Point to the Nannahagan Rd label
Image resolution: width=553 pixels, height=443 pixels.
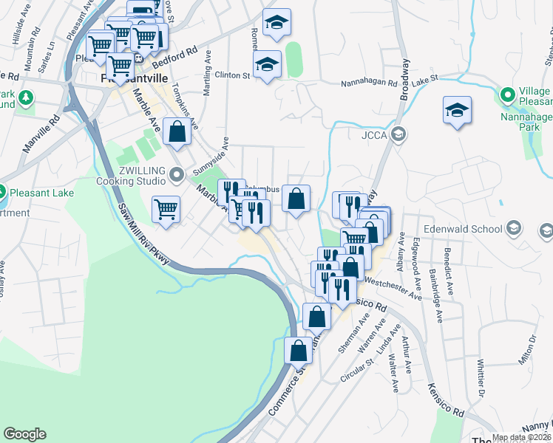point(369,83)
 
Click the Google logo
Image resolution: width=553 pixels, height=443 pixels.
point(24,434)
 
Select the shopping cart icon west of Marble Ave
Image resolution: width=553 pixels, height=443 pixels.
point(166,209)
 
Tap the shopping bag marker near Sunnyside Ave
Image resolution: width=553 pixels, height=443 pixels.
point(177,133)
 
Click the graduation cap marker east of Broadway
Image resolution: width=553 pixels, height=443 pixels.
point(458,111)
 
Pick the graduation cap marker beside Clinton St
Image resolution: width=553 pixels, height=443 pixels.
point(267,64)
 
